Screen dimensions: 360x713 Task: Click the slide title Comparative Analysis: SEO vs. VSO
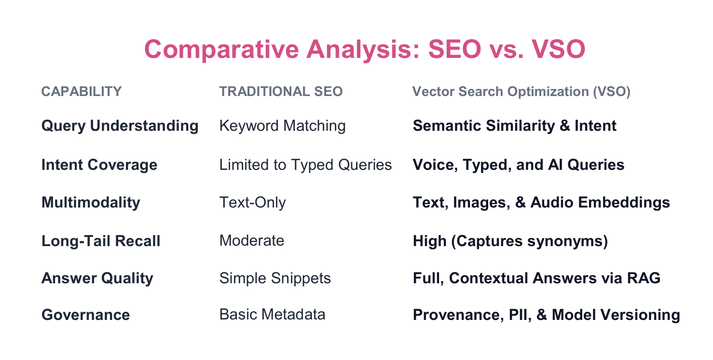(365, 50)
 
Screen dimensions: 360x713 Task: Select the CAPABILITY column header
(82, 92)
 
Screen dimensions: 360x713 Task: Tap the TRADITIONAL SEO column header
(281, 92)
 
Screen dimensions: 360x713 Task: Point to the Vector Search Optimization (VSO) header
(521, 92)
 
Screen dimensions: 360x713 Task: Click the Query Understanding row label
(120, 126)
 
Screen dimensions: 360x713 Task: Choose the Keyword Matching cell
(282, 126)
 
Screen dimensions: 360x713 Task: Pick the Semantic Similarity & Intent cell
(514, 126)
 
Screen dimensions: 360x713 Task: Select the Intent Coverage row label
(99, 165)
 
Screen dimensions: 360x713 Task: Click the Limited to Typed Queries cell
(305, 165)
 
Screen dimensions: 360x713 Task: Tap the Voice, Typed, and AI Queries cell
(519, 165)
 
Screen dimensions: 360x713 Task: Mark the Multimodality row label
(91, 202)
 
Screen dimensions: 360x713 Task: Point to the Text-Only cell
(252, 202)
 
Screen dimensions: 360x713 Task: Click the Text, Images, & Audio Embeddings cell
(541, 202)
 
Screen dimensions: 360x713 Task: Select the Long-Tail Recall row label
(101, 241)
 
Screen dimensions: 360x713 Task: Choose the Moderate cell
(252, 240)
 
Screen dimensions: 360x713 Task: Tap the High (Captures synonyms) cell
(510, 241)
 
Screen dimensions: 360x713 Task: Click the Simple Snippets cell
(275, 278)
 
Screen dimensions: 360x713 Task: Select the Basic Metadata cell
(272, 315)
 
